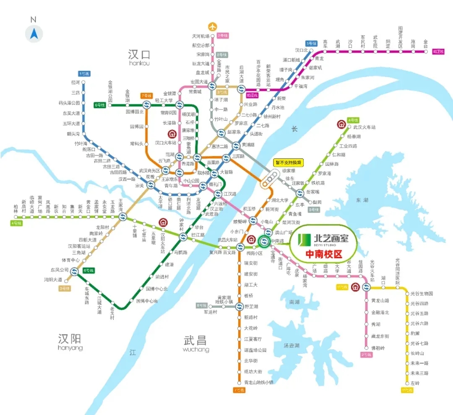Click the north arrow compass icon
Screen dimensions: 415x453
[x=34, y=33]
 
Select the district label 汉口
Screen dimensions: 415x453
[x=139, y=54]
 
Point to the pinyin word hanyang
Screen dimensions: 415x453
[x=70, y=348]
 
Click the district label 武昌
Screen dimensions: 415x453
[x=196, y=340]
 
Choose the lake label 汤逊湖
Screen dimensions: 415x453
[x=291, y=345]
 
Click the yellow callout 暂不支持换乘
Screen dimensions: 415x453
[x=288, y=162]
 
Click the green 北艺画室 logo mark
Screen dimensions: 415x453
[x=304, y=239]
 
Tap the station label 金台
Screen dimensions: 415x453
[x=426, y=42]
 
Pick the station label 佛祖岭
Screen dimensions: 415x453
[x=380, y=348]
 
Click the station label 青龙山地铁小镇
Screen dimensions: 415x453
[x=258, y=382]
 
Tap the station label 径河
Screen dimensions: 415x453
[x=75, y=82]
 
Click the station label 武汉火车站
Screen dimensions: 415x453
[x=364, y=127]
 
